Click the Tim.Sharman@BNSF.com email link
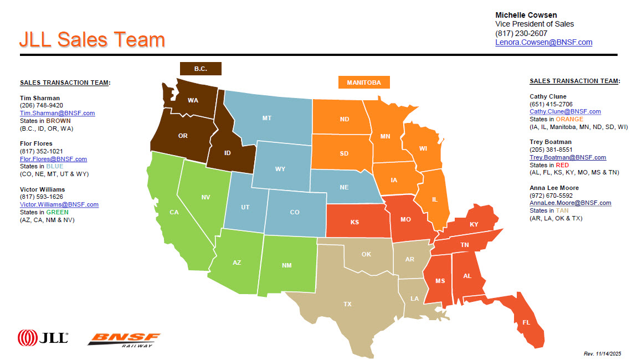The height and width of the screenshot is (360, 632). (57, 113)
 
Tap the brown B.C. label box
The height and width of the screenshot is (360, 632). (201, 69)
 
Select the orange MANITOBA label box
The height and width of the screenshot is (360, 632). (364, 83)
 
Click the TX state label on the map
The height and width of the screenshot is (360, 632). (347, 304)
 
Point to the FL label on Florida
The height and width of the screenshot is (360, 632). (526, 322)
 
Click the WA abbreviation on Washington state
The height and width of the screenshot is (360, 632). (193, 100)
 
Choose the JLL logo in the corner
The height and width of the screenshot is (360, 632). (43, 337)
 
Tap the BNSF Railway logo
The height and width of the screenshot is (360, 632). (124, 339)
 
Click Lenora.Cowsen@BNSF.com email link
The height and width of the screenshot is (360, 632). (543, 42)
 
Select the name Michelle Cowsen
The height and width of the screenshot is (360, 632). (526, 15)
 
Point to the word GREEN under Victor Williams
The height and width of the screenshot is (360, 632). (58, 212)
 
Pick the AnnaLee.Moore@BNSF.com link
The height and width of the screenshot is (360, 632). (570, 203)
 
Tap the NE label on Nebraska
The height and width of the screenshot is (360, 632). (344, 187)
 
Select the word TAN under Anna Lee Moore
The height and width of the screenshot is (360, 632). (562, 211)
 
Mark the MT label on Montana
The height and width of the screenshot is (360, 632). (266, 118)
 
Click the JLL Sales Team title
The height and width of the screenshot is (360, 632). (92, 40)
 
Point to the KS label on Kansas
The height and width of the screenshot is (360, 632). (354, 222)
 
